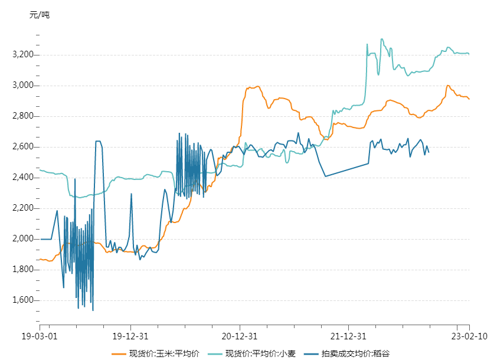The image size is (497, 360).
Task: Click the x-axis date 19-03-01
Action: point(40,336)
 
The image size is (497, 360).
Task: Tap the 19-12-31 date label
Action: point(130,336)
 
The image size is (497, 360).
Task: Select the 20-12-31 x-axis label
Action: point(240,336)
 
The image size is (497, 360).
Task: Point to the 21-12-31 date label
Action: point(348,336)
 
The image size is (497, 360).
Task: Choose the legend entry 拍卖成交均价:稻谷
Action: point(355,354)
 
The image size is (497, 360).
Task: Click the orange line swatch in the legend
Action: point(119,354)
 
